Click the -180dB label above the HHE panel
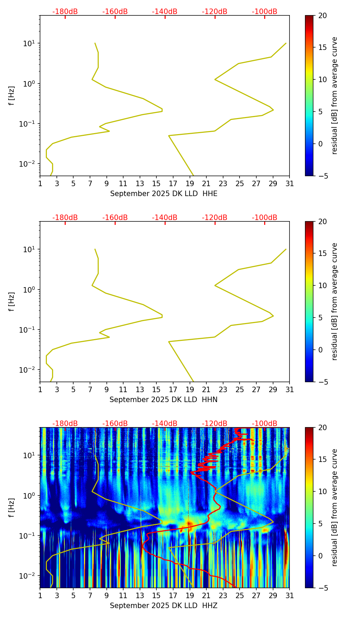point(65,12)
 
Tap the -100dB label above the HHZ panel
point(265,424)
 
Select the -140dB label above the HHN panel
point(165,218)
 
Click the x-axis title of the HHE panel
point(164,194)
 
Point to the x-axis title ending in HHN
point(164,400)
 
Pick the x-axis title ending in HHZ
point(164,606)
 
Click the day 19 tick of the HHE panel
point(190,183)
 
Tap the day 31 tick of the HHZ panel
point(290,595)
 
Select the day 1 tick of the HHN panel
point(40,389)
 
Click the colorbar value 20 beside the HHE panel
point(322,15)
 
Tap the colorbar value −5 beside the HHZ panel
point(322,588)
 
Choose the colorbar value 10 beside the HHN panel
point(322,285)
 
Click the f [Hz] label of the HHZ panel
point(12,507)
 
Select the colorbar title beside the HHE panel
point(334,95)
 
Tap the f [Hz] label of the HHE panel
point(12,95)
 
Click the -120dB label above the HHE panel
point(215,12)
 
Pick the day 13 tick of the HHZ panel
point(140,595)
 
